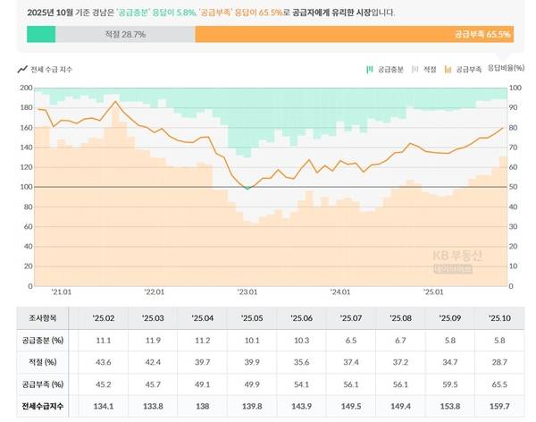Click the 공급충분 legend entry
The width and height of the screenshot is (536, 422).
pyautogui.click(x=386, y=68)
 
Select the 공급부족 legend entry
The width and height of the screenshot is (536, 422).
pyautogui.click(x=464, y=68)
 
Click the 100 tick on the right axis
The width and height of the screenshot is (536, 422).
pyautogui.click(x=515, y=89)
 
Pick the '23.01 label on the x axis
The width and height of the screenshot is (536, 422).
pyautogui.click(x=247, y=291)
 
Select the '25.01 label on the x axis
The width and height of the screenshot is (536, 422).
pyautogui.click(x=433, y=291)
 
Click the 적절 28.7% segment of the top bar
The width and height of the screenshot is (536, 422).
pyautogui.click(x=125, y=34)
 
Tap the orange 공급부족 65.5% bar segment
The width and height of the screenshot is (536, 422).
pyautogui.click(x=353, y=34)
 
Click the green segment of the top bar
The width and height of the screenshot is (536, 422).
pyautogui.click(x=41, y=34)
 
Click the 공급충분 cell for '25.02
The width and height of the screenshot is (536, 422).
pyautogui.click(x=101, y=341)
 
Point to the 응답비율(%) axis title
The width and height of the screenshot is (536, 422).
pyautogui.click(x=506, y=68)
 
